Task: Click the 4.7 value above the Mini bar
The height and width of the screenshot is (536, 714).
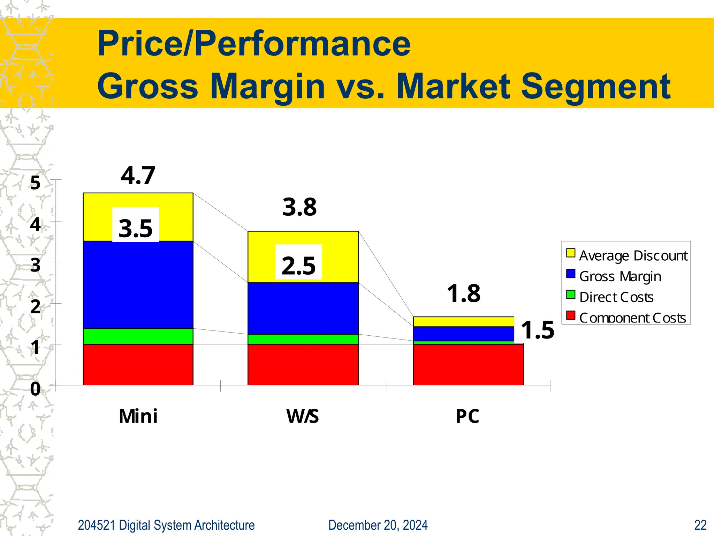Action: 138,176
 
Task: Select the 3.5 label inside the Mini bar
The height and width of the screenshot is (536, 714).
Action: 136,229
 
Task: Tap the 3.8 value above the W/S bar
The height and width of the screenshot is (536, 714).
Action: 299,207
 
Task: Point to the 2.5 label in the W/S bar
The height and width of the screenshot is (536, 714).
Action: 298,266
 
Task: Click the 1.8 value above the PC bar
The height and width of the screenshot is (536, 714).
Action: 464,293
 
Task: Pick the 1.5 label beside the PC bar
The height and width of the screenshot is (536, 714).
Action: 537,330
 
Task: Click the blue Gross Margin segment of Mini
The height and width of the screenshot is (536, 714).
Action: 138,284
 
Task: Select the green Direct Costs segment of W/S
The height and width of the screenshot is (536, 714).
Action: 303,339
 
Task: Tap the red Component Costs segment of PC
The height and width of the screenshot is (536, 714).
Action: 468,365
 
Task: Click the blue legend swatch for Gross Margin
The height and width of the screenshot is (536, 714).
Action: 571,274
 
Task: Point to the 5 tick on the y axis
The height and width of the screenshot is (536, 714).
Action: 35,183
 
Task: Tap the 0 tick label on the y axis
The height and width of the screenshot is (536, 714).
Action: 35,389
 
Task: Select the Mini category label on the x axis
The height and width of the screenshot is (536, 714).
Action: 138,416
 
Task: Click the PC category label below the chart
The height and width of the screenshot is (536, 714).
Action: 468,416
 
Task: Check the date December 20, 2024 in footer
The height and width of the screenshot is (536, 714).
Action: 378,525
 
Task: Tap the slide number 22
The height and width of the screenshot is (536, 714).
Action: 700,525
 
